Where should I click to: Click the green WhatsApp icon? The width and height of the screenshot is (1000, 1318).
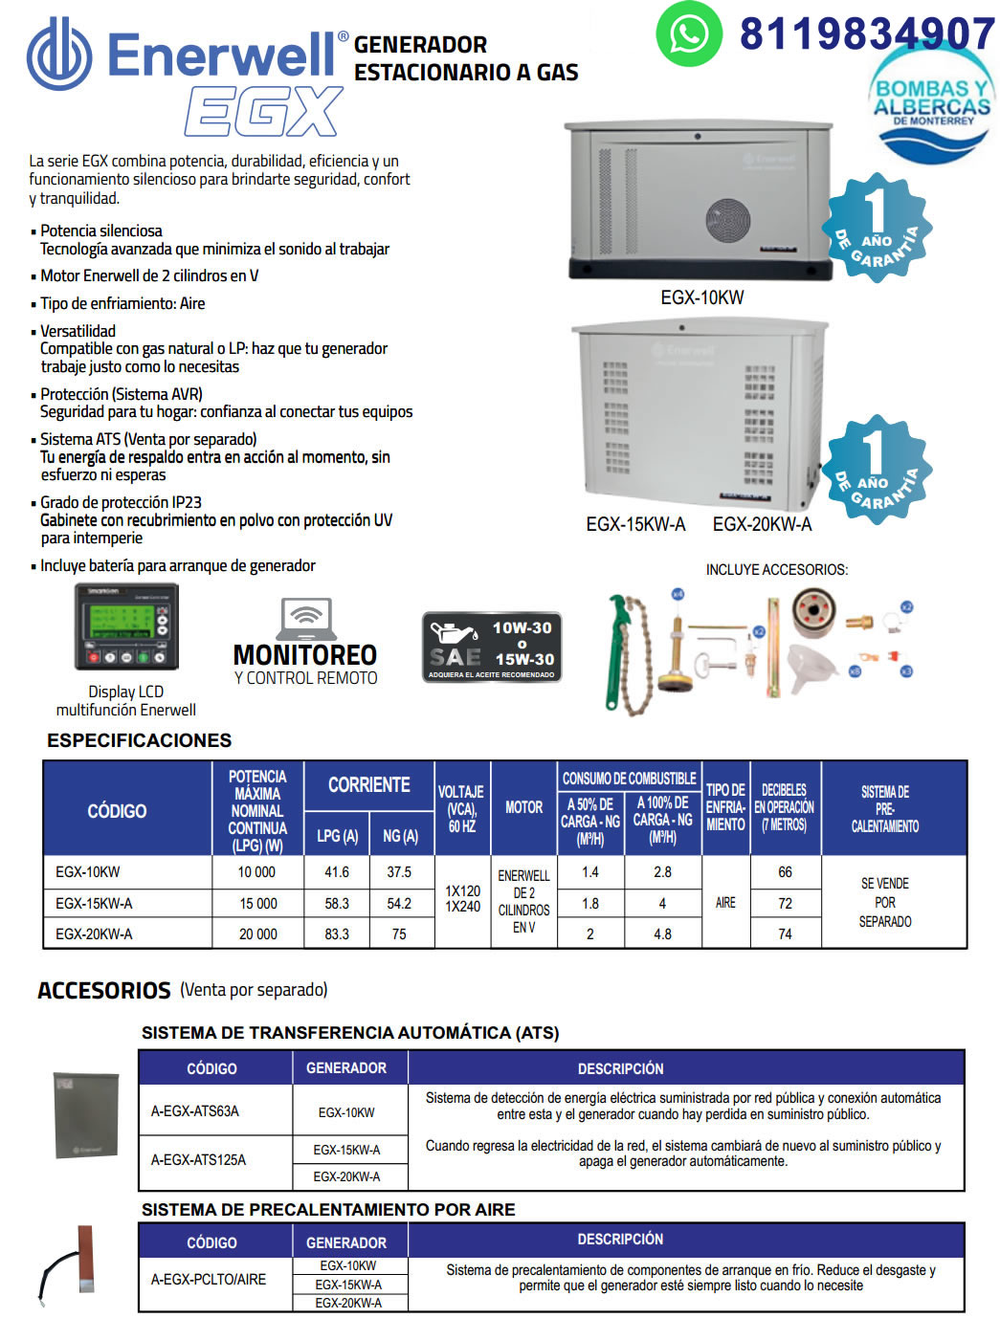click(688, 34)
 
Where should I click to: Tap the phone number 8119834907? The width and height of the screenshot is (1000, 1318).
click(867, 34)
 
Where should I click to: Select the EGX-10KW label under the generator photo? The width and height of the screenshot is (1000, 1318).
click(701, 297)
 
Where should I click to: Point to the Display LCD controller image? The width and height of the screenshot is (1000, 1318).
click(126, 626)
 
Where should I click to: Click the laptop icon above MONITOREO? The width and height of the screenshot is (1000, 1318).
click(306, 619)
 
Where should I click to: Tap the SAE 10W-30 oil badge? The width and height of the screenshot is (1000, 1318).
click(492, 647)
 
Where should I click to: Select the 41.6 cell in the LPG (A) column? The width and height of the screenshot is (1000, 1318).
click(337, 872)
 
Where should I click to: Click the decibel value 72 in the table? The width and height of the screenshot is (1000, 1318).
click(785, 903)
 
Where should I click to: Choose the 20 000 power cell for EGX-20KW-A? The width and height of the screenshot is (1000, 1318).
click(257, 934)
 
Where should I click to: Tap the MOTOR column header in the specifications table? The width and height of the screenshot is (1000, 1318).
click(523, 807)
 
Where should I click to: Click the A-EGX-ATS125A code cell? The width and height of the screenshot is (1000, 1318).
click(198, 1159)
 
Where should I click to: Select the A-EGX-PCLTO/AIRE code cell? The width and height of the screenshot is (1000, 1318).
click(209, 1279)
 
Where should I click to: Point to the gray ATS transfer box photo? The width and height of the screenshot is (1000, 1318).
click(86, 1115)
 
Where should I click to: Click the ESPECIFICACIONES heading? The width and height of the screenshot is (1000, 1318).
click(139, 740)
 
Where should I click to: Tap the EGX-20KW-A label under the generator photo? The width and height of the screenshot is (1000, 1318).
click(762, 524)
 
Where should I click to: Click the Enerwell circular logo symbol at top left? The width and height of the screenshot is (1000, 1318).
click(59, 55)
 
